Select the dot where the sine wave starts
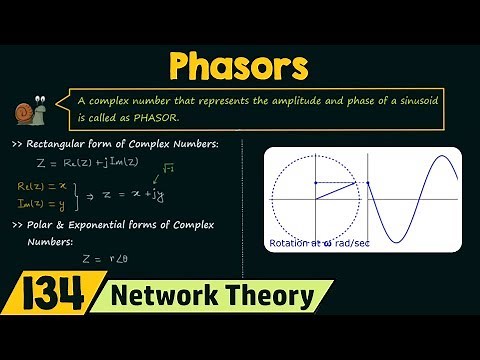pyautogui.click(x=368, y=182)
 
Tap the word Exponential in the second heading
pyautogui.click(x=120, y=225)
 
